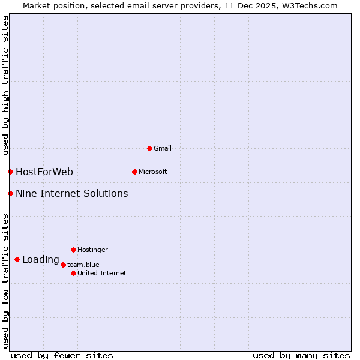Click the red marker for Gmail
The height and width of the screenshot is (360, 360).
tap(149, 148)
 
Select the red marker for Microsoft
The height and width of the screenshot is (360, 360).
tap(134, 172)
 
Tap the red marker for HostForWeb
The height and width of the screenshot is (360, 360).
tap(10, 172)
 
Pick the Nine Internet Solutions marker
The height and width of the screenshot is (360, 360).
tap(10, 193)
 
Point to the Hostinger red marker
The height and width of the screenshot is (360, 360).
tap(73, 250)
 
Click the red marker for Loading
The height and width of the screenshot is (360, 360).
tap(17, 260)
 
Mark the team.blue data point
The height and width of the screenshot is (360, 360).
tap(63, 265)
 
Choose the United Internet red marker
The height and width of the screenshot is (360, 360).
tap(73, 273)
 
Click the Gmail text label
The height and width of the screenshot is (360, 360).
tap(163, 148)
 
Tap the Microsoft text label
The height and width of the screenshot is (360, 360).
tap(153, 172)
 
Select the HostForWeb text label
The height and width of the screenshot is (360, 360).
tap(44, 172)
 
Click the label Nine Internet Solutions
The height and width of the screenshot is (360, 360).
tap(71, 193)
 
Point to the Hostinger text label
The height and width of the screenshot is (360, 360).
tap(92, 250)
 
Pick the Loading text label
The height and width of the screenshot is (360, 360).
tap(40, 260)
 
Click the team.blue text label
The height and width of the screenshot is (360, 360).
tap(83, 265)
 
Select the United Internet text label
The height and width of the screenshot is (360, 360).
tap(102, 273)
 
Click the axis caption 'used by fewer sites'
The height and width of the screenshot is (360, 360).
tap(62, 355)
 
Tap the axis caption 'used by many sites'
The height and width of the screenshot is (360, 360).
tap(301, 355)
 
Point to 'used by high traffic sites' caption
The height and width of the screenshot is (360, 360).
tap(5, 85)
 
